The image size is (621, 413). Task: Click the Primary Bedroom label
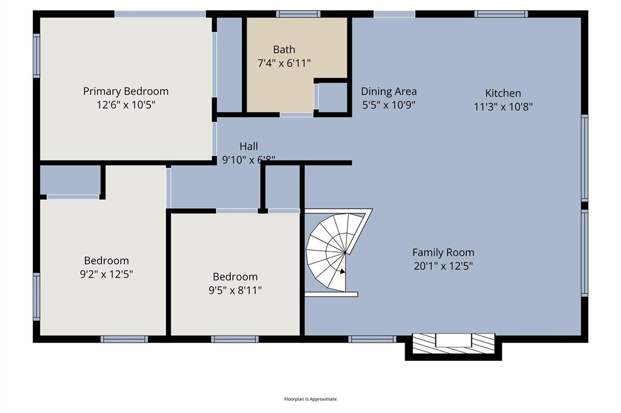pyautogui.click(x=126, y=91)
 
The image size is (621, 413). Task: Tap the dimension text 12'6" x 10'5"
pyautogui.click(x=126, y=104)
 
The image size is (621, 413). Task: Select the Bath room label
pyautogui.click(x=284, y=50)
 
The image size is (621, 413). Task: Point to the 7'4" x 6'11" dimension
pyautogui.click(x=284, y=62)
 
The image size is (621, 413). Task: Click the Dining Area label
pyautogui.click(x=389, y=91)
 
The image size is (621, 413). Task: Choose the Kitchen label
pyautogui.click(x=503, y=93)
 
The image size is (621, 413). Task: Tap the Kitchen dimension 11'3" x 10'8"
pyautogui.click(x=503, y=107)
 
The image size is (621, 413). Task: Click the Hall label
pyautogui.click(x=248, y=146)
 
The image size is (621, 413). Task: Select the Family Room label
pyautogui.click(x=443, y=253)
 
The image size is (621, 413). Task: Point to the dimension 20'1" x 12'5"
pyautogui.click(x=443, y=265)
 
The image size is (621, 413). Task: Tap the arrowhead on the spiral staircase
pyautogui.click(x=343, y=272)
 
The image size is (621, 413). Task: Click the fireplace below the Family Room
pyautogui.click(x=453, y=343)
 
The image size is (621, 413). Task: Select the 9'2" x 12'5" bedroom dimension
pyautogui.click(x=106, y=274)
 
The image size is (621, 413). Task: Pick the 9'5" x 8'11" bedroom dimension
pyautogui.click(x=235, y=290)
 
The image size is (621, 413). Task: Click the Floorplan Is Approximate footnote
pyautogui.click(x=310, y=399)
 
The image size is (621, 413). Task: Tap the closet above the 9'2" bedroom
pyautogui.click(x=70, y=179)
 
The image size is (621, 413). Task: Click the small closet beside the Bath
pyautogui.click(x=332, y=97)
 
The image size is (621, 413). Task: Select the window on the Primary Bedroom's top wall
pyautogui.click(x=160, y=14)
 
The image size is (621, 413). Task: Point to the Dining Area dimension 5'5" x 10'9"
pyautogui.click(x=389, y=104)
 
